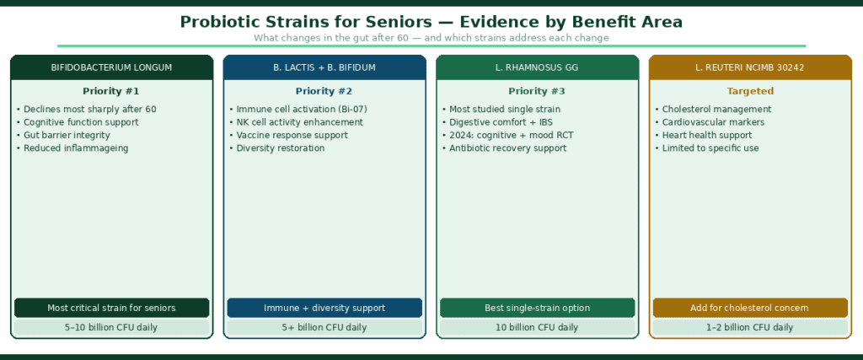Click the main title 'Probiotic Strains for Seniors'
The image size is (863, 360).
[431, 21]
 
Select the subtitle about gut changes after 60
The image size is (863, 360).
[431, 38]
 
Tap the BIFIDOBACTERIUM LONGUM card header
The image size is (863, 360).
[112, 67]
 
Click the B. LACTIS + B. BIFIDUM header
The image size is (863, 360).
[324, 67]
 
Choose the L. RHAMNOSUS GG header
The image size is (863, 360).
[537, 67]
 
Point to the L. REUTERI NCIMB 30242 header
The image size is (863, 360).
[750, 67]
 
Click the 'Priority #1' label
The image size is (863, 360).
[111, 91]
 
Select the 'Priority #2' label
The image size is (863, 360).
[324, 91]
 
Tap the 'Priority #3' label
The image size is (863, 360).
[537, 91]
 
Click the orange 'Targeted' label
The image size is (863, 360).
[750, 91]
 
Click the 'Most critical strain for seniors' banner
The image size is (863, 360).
[112, 308]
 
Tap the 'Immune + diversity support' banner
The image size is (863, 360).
[324, 308]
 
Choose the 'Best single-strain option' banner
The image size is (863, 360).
[537, 308]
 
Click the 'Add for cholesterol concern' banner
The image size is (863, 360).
[750, 308]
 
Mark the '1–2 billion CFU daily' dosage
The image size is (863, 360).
[750, 327]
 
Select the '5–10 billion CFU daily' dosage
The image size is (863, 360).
[112, 327]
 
